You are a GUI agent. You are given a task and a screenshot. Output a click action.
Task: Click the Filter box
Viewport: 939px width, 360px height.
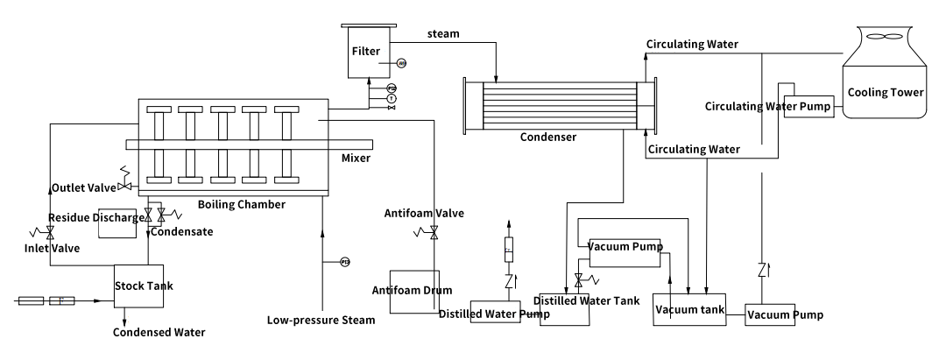tap(366, 53)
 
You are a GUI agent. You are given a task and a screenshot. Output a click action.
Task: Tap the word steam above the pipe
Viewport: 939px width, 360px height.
tap(443, 35)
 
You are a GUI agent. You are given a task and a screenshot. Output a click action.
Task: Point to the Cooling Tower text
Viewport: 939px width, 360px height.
tap(885, 92)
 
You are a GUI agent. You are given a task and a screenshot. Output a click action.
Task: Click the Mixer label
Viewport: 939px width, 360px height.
tap(357, 159)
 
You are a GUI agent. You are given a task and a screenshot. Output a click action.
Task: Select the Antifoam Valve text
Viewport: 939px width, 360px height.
tap(425, 213)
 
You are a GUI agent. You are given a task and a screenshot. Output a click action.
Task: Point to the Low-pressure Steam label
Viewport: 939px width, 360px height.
tap(321, 321)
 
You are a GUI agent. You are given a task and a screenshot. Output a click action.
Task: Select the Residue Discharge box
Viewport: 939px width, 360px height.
tap(117, 223)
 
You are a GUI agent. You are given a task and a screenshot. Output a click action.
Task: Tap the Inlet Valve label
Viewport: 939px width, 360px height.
tap(52, 249)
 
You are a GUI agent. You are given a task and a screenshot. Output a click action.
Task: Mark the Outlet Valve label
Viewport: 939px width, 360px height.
tap(83, 187)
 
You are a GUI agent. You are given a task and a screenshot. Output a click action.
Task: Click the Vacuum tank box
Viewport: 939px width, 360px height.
tap(689, 311)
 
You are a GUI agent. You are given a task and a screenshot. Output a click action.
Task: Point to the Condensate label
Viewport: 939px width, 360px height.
tap(180, 232)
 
